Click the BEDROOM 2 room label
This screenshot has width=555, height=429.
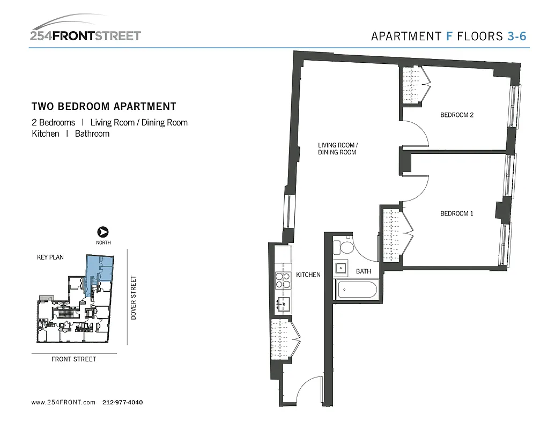coord(457,115)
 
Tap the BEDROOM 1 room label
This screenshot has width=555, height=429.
coord(456,213)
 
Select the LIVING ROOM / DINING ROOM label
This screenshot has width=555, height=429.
coord(337,149)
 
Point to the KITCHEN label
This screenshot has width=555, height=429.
coord(308,275)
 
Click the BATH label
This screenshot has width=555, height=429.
coord(364,271)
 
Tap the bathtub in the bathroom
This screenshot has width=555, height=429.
coord(356,291)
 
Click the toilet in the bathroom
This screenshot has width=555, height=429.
coord(343,247)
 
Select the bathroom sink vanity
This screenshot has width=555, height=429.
coord(341,268)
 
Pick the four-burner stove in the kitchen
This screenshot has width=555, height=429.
coord(283,281)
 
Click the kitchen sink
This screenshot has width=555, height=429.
coord(283,305)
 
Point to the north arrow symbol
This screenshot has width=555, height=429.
coord(103,232)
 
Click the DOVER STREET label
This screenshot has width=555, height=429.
coord(134,298)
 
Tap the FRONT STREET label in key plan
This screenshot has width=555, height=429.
coord(74,359)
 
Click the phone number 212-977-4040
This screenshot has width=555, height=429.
coord(122,402)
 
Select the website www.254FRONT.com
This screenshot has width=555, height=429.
coord(63,402)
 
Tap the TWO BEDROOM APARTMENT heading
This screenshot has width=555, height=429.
coord(104,107)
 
